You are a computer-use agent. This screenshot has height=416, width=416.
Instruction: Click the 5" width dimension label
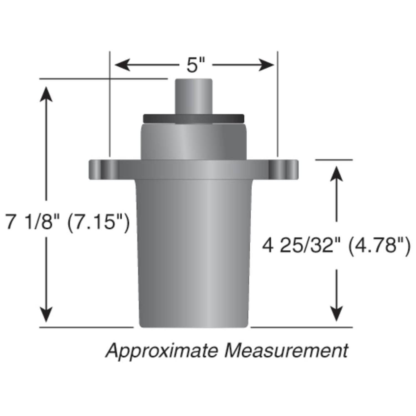pyautogui.click(x=195, y=66)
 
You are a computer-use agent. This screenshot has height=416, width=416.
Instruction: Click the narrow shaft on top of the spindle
pyautogui.click(x=194, y=96)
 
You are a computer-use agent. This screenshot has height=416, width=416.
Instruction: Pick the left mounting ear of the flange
pyautogui.click(x=103, y=169)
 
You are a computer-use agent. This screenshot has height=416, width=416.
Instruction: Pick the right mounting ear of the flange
pyautogui.click(x=283, y=169)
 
